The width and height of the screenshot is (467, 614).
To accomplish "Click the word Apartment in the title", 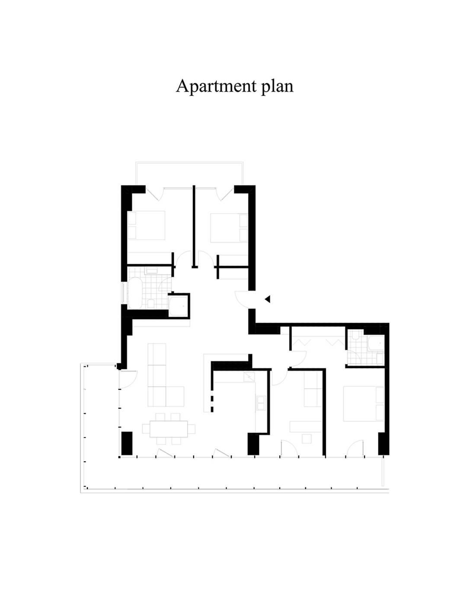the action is [216, 86].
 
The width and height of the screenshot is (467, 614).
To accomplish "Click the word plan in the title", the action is [277, 86].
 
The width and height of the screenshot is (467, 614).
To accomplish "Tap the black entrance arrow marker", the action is [267, 299].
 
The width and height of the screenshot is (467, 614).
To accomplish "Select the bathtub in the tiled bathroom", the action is [135, 293].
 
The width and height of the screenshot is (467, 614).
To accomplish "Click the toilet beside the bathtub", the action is [151, 304].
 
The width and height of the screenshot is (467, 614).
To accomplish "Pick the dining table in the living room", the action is [169, 429].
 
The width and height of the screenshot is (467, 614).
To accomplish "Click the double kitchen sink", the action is [261, 403].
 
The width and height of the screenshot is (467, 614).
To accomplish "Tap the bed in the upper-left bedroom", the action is [146, 225].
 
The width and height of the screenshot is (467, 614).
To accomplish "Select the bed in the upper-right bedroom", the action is [229, 228].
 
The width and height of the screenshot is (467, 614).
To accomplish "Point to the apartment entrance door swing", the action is [242, 300].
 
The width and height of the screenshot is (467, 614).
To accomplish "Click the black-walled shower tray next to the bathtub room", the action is [179, 306].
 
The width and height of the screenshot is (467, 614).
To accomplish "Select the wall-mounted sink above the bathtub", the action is [152, 271].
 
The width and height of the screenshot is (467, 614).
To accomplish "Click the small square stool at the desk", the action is [307, 438].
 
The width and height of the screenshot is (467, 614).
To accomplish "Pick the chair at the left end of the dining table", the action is [146, 429].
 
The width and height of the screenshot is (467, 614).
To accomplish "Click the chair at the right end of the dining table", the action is [191, 429].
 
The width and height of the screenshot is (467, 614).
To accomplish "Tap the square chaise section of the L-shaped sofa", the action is [175, 397].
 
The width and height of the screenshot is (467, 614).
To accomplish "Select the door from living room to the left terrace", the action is [128, 379].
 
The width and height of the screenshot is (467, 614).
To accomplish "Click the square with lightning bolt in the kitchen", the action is [249, 377].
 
